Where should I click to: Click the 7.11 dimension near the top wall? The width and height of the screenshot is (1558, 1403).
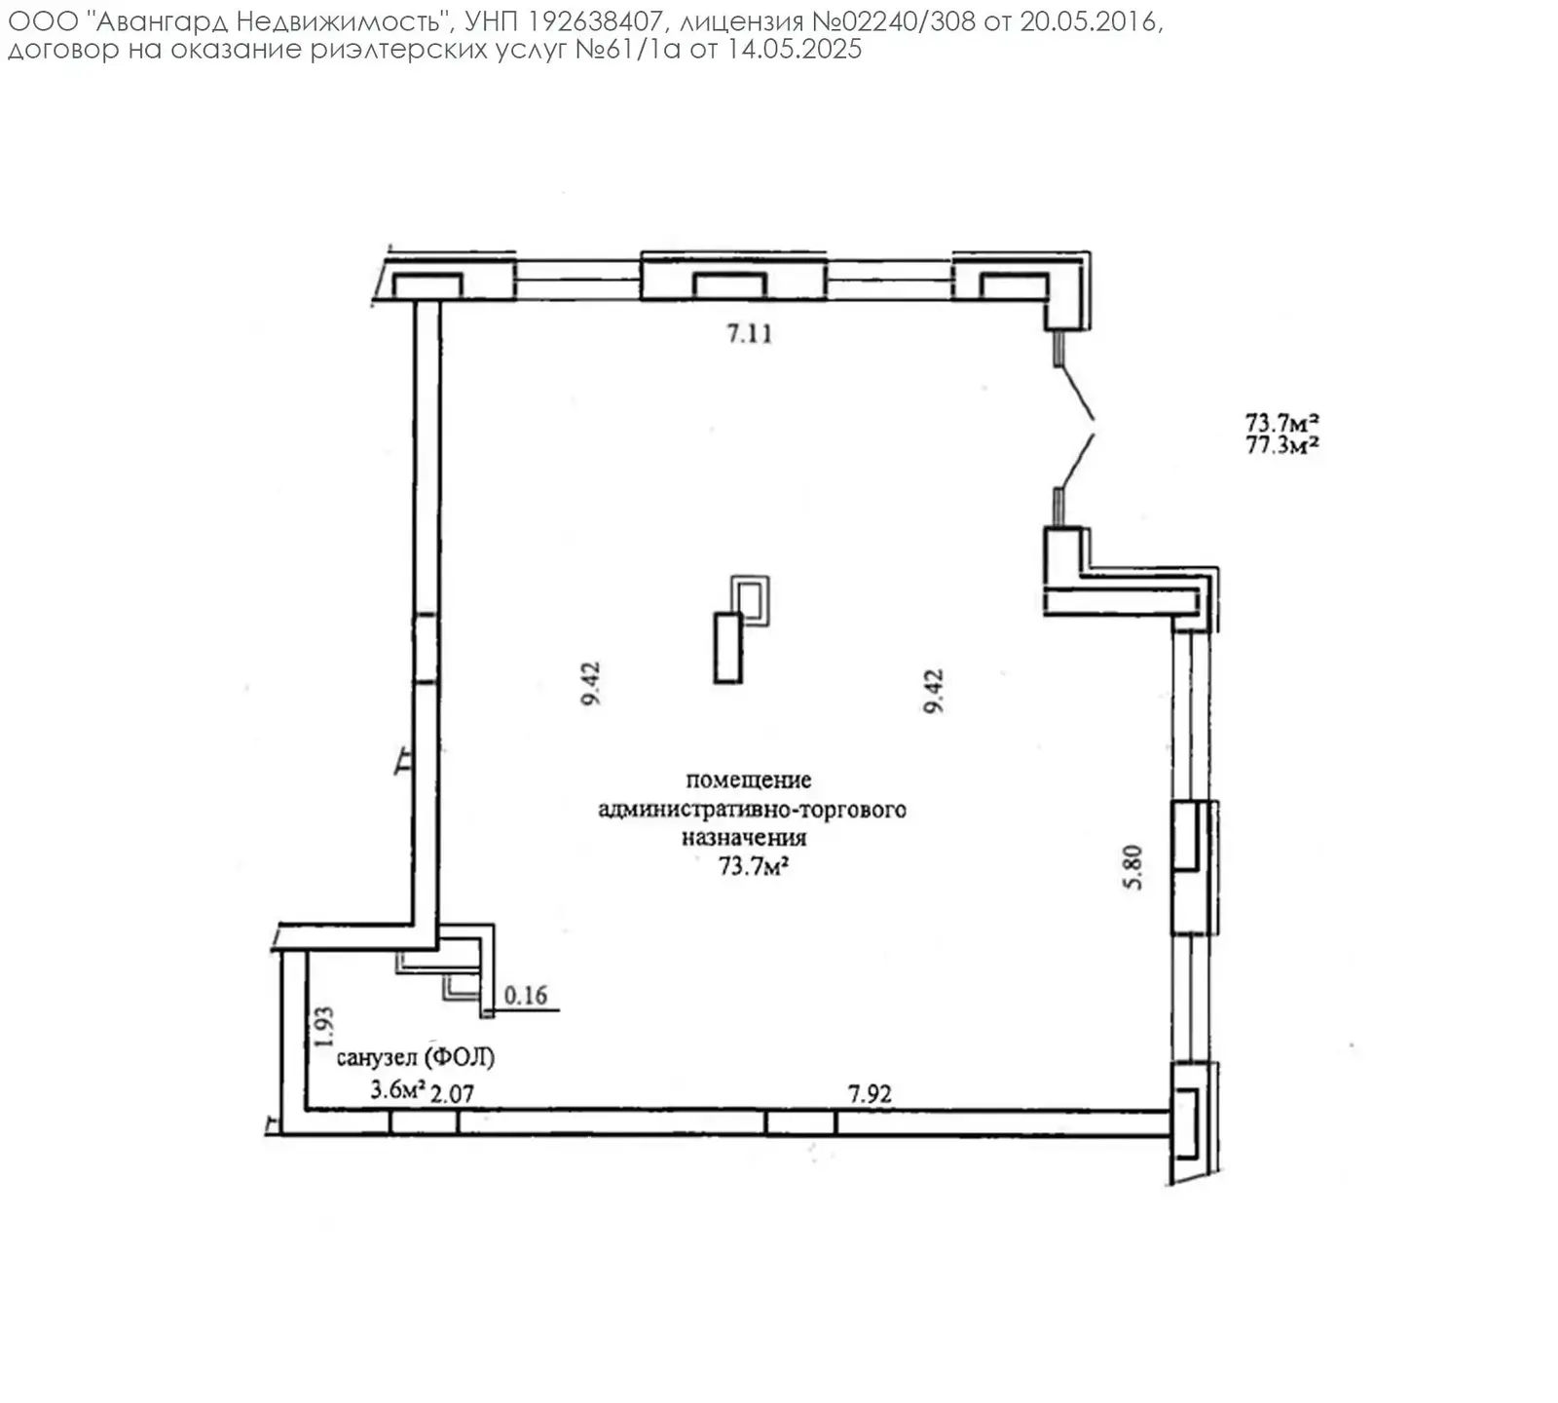click(750, 334)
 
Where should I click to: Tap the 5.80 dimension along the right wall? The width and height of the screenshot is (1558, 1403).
click(1132, 866)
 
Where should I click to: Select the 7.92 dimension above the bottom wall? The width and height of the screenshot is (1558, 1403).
click(870, 1094)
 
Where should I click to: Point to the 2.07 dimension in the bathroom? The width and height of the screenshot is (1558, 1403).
click(452, 1094)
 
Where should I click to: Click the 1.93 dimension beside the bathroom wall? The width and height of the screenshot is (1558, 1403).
click(324, 1026)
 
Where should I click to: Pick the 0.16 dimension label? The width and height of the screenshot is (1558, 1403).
click(526, 996)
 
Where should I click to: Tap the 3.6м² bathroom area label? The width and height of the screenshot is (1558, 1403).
click(397, 1089)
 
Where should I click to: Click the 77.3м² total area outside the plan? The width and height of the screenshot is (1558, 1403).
click(1282, 445)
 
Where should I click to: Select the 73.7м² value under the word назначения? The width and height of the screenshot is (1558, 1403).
click(753, 865)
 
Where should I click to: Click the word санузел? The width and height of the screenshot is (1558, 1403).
click(378, 1057)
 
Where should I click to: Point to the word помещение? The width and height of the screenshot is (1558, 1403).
click(749, 779)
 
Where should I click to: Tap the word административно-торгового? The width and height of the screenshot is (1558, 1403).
click(752, 810)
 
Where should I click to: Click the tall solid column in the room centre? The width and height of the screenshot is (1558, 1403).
click(728, 648)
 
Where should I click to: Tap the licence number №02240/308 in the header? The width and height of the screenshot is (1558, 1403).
click(893, 22)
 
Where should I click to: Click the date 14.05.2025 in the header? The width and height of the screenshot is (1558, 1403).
click(795, 50)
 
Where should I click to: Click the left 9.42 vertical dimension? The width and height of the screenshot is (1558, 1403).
click(591, 684)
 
